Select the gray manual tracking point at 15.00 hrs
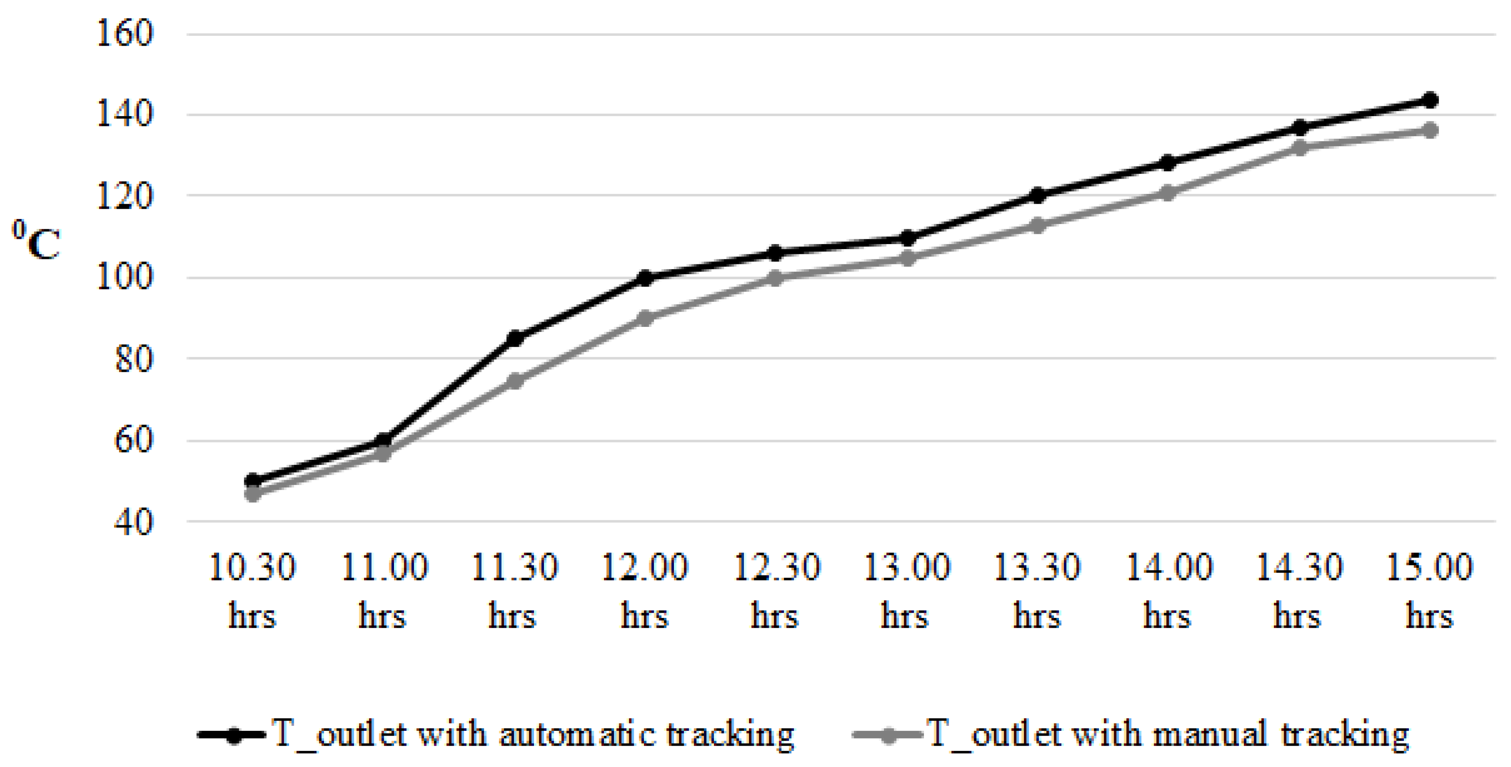click(1430, 130)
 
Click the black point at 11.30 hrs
click(514, 338)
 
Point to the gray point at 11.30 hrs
click(514, 381)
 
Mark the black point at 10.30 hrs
click(253, 481)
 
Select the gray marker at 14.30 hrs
click(1299, 147)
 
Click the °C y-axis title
click(36, 240)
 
